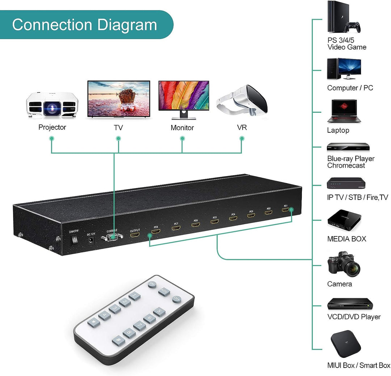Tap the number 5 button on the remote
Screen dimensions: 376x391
[159, 312]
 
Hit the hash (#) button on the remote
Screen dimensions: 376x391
[118, 341]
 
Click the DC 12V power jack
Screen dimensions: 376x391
[91, 240]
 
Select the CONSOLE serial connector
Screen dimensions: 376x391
[112, 238]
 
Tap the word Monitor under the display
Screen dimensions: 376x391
[182, 128]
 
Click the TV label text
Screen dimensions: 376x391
[118, 128]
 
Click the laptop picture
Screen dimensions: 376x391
[342, 112]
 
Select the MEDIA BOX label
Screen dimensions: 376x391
[346, 239]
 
